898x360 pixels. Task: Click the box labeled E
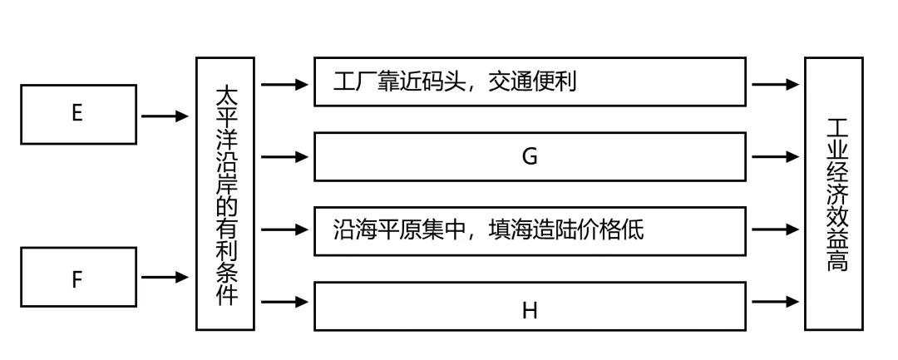77,114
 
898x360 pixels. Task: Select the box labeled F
77,278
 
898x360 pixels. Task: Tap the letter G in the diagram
530,156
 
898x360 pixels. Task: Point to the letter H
530,312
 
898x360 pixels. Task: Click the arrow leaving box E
165,116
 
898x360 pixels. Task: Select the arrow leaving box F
165,277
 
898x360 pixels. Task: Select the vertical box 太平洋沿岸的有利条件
224,194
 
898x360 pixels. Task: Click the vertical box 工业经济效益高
834,194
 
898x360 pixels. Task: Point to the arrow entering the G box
284,156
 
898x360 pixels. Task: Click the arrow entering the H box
284,302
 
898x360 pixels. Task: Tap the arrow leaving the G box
775,156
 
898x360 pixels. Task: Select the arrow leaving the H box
775,301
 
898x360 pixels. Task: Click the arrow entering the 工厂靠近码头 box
284,83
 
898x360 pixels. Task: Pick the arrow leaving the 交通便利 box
775,84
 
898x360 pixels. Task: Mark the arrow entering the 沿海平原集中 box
284,229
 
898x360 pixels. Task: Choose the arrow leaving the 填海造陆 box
775,229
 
